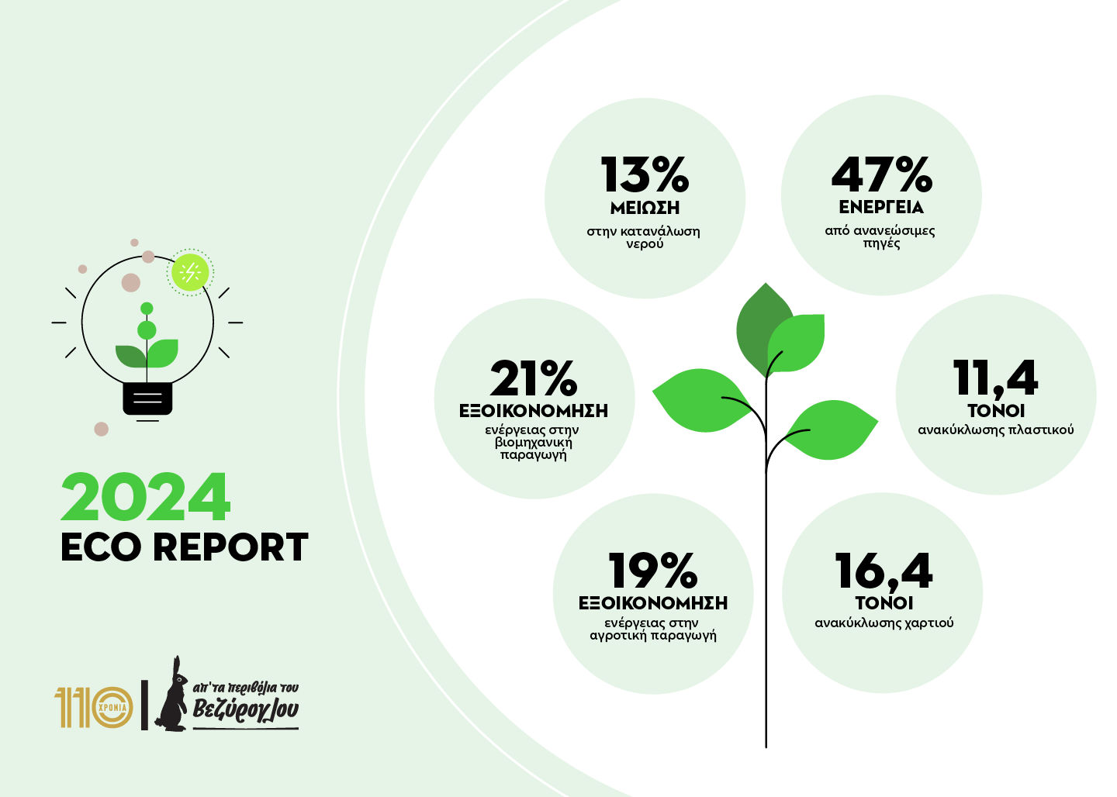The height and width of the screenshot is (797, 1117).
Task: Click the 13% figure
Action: [x=645, y=175]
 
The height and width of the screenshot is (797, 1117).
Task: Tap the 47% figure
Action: [x=881, y=175]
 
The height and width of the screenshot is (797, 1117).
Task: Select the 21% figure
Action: [x=534, y=378]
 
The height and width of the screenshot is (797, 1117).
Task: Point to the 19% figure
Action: [x=653, y=571]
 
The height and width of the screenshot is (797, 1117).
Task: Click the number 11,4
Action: [x=995, y=378]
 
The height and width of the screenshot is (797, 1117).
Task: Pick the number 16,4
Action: [x=884, y=571]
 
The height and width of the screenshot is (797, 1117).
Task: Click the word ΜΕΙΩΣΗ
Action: [x=645, y=208]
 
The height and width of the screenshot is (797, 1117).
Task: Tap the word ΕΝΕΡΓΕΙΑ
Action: [x=881, y=208]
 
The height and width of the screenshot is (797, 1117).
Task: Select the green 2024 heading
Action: [x=146, y=498]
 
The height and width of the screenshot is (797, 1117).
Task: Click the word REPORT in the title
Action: [x=230, y=547]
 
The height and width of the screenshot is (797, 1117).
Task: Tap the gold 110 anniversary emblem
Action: [x=94, y=707]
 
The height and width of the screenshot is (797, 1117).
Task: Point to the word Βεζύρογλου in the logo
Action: [x=245, y=709]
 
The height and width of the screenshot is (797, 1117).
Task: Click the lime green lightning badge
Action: [x=189, y=272]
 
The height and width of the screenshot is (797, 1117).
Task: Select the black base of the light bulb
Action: [x=147, y=398]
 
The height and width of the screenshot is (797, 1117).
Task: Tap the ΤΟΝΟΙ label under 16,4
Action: [x=884, y=603]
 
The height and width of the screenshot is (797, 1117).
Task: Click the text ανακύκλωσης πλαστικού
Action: [x=995, y=430]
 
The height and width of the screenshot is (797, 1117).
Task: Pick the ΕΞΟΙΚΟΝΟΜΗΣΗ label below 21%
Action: [x=534, y=411]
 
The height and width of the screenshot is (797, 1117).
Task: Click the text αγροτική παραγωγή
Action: [x=653, y=636]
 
